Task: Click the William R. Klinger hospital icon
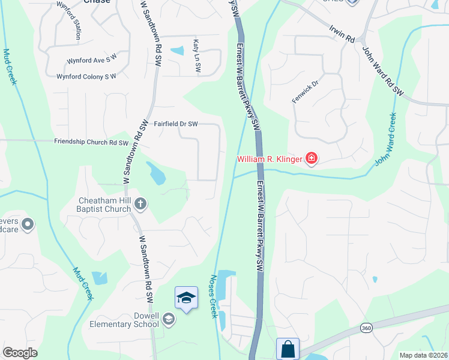tap(311, 159)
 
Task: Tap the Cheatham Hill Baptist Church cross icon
tap(140, 204)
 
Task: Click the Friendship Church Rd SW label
tap(91, 143)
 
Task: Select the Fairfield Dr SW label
tap(175, 124)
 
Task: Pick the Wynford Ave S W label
tap(91, 60)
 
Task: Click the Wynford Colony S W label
tap(86, 77)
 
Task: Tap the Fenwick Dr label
tap(304, 89)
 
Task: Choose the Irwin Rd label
tap(342, 33)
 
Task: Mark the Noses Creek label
tap(212, 297)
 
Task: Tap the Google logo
tap(20, 353)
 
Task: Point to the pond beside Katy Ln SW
tap(177, 51)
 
